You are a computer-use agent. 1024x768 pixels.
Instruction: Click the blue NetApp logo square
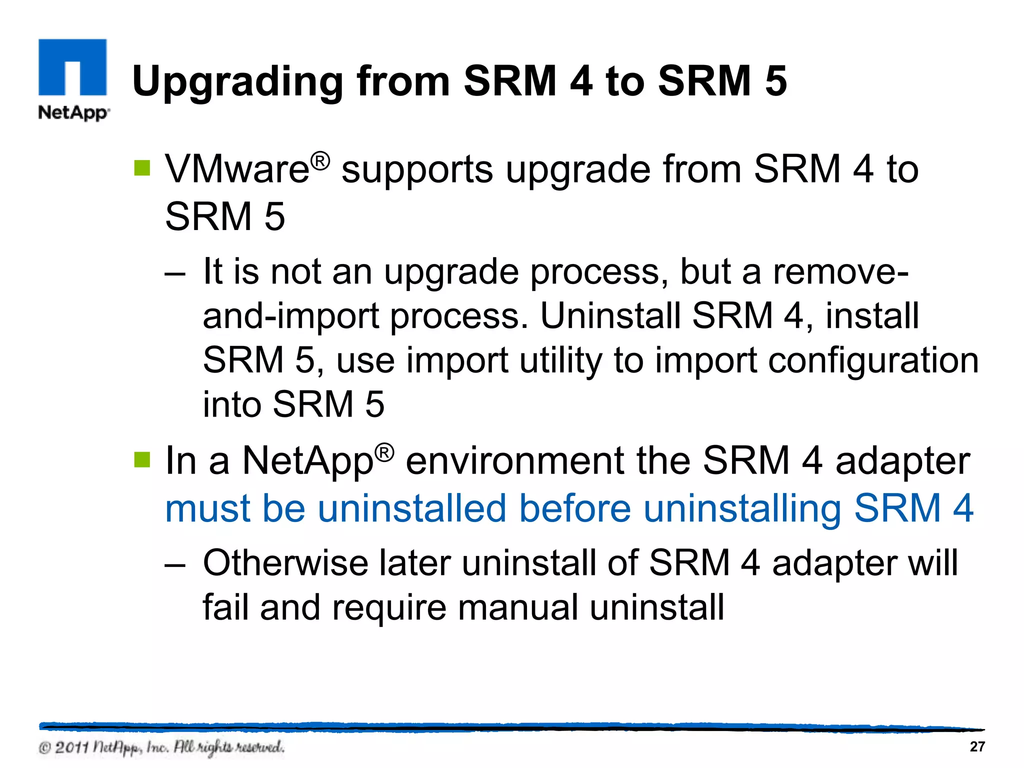[72, 67]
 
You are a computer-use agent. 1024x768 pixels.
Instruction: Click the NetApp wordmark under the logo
[73, 112]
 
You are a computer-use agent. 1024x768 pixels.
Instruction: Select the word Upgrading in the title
[237, 82]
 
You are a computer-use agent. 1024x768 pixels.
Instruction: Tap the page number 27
[977, 746]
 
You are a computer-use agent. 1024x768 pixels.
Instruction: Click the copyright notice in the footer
[161, 747]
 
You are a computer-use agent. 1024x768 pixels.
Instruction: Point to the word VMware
[237, 169]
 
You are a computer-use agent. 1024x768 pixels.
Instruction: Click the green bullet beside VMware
[142, 168]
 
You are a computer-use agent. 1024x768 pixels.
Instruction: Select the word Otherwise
[285, 563]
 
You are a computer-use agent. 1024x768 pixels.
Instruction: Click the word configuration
[873, 361]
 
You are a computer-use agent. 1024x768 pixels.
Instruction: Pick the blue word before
[575, 508]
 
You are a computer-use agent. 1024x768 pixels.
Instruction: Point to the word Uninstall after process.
[610, 316]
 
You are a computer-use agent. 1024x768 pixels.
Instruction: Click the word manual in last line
[517, 607]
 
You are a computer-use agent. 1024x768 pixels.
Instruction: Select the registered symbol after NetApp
[384, 452]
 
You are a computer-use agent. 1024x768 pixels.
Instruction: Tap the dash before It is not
[175, 273]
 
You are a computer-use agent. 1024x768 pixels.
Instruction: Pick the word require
[388, 608]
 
